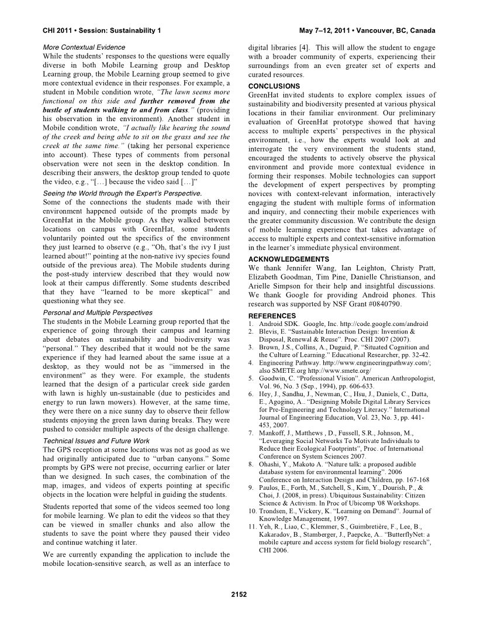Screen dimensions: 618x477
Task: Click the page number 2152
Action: click(238, 595)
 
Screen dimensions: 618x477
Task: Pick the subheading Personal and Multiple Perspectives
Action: click(98, 313)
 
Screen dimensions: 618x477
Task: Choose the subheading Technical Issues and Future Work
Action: click(94, 441)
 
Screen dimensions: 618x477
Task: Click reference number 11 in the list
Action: click(252, 528)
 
